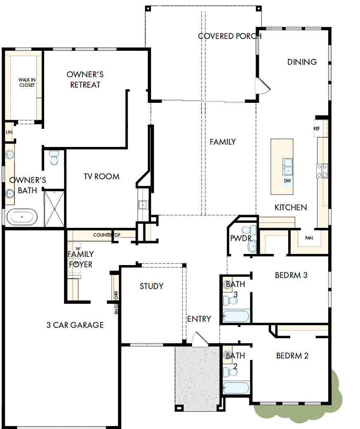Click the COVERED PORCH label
(x=230, y=36)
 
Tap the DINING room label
(x=302, y=62)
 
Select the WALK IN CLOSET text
(x=27, y=83)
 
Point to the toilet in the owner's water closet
(x=54, y=158)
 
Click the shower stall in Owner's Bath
(x=54, y=209)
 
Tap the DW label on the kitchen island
(x=288, y=180)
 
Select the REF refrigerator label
(x=317, y=128)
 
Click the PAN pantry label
(x=309, y=238)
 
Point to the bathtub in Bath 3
(x=236, y=317)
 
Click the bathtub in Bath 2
(x=236, y=388)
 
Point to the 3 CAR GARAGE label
(x=75, y=325)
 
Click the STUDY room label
(x=152, y=286)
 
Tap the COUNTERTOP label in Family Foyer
(x=107, y=235)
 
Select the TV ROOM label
(x=102, y=176)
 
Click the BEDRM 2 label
(x=292, y=356)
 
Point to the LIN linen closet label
(x=9, y=132)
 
